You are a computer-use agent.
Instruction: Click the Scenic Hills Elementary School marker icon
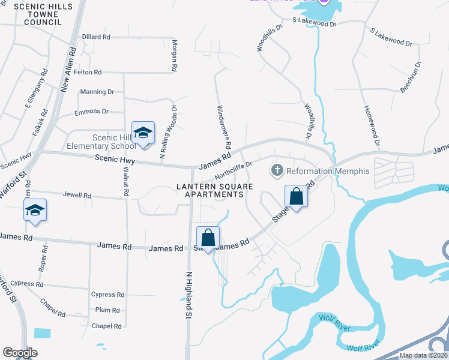[x=143, y=133]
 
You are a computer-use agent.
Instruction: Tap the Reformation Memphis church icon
[x=277, y=171]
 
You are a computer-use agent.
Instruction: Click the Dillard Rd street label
[x=96, y=37]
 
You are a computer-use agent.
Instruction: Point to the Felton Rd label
[x=88, y=72]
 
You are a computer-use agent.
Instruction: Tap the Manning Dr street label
[x=97, y=92]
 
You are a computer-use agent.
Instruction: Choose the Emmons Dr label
[x=91, y=112]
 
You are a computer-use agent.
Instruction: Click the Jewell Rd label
[x=77, y=196]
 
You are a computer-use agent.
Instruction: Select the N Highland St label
[x=188, y=294]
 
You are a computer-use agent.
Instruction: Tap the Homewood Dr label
[x=372, y=126]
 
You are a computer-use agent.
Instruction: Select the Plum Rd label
[x=107, y=310]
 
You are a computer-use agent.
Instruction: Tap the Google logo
[x=20, y=353]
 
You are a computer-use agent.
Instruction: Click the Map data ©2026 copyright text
[x=423, y=355]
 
